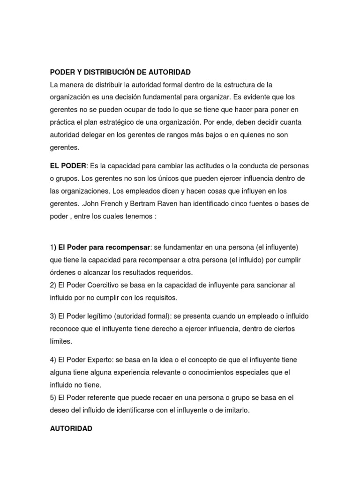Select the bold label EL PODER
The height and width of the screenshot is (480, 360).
click(68, 166)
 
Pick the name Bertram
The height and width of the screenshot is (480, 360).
click(138, 204)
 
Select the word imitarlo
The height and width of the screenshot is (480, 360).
click(236, 410)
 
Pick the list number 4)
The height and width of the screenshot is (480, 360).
click(53, 360)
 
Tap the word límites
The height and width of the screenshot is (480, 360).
click(61, 341)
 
